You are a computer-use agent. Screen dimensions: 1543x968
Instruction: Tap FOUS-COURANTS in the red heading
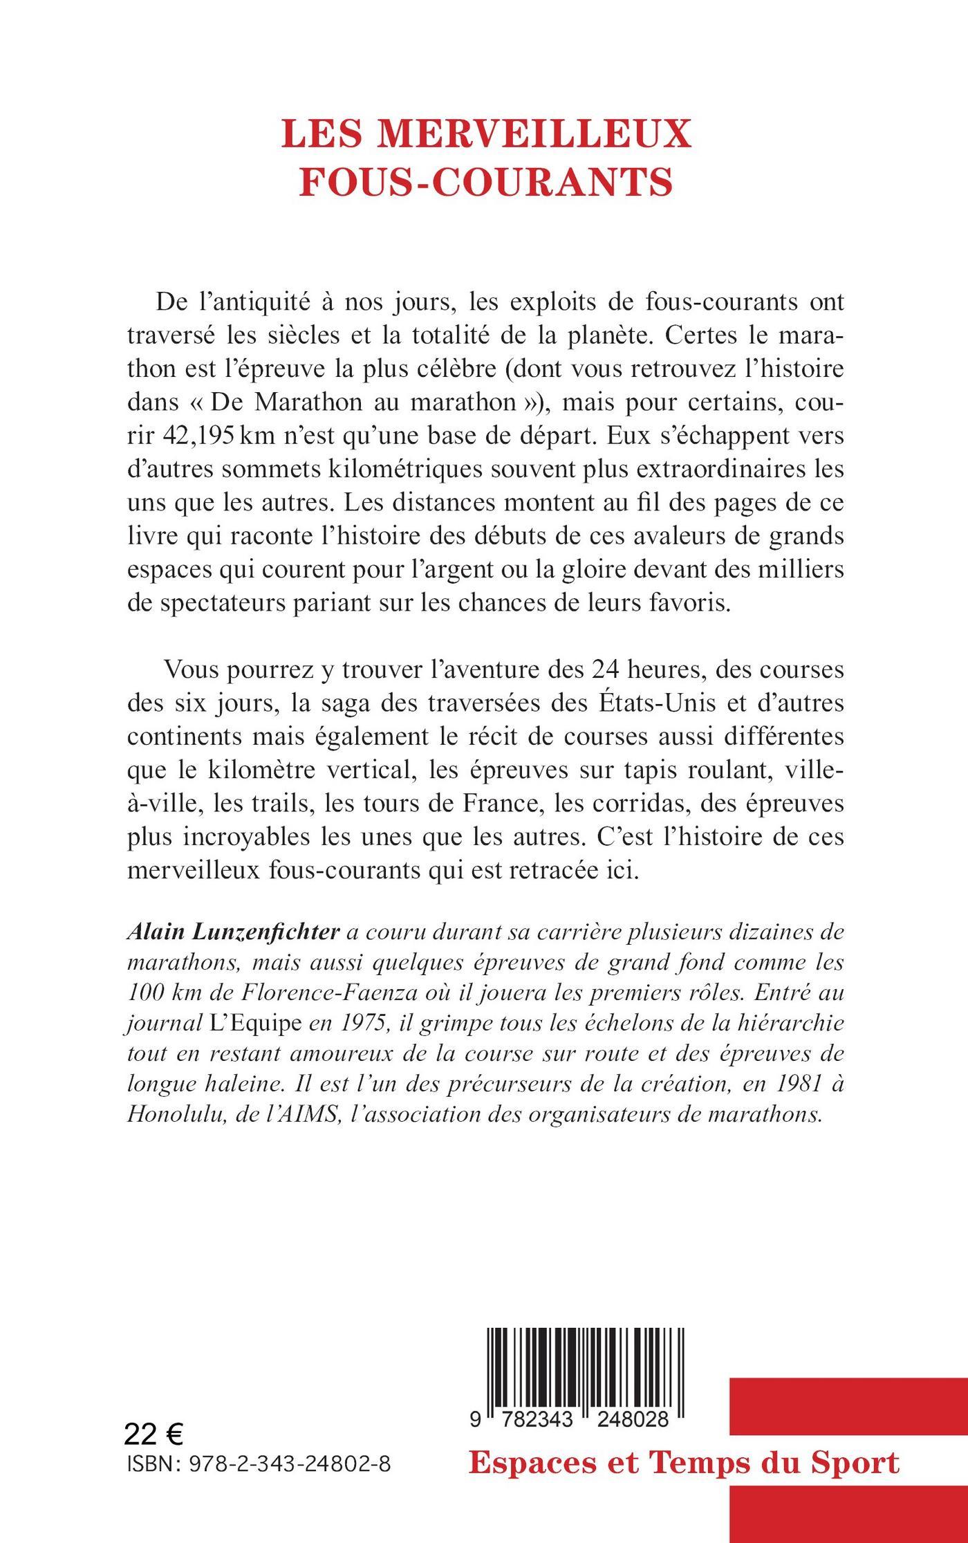point(486,183)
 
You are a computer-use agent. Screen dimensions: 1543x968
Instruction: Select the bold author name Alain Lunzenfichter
point(234,932)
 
